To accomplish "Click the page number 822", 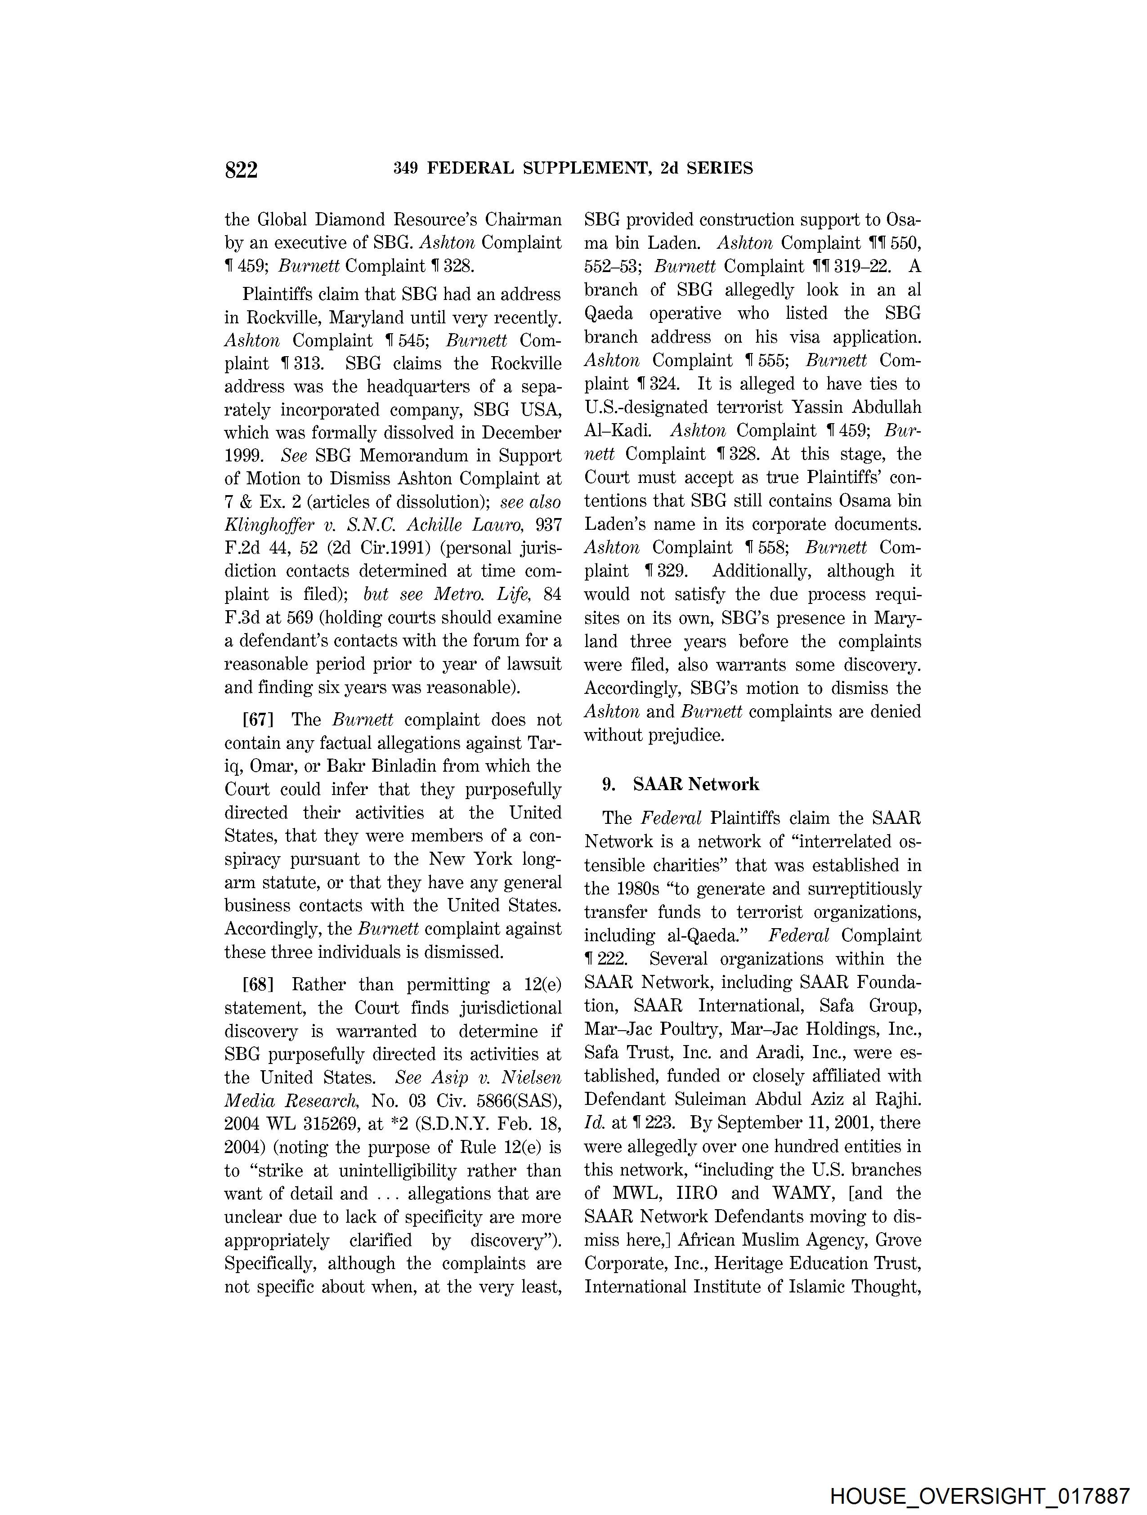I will pos(241,169).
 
